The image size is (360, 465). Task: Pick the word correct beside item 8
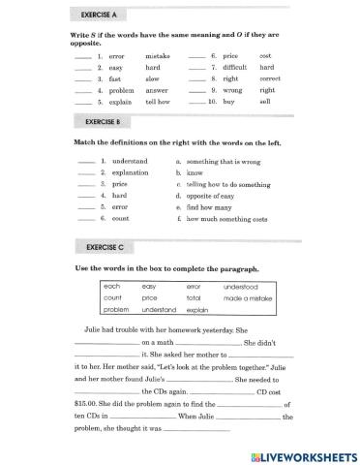pyautogui.click(x=272, y=79)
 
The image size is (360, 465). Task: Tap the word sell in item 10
pyautogui.click(x=265, y=101)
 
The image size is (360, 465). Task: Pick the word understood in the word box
pyautogui.click(x=241, y=287)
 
